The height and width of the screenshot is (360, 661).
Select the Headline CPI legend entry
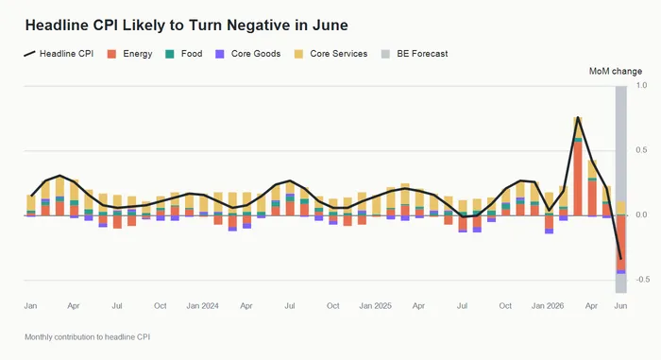coord(59,54)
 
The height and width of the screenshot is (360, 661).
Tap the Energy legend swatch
coord(111,54)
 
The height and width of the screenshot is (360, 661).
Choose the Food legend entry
coord(184,54)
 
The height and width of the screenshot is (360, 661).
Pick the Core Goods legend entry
coord(247,54)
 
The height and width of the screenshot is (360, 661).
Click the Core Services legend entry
coord(330,54)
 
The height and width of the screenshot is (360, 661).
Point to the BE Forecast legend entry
coord(415,54)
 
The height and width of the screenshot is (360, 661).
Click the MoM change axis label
coord(616,71)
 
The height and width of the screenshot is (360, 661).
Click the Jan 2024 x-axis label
coord(203,305)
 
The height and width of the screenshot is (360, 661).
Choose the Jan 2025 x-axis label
coord(375,305)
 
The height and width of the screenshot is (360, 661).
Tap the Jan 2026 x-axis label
coord(548,305)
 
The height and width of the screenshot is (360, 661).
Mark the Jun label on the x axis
coord(620,305)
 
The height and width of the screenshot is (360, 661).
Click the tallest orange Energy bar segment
coord(578,179)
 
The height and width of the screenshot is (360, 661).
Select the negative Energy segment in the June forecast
coord(620,243)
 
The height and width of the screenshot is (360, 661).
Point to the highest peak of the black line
coord(578,117)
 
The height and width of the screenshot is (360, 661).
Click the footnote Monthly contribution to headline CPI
coord(87,337)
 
